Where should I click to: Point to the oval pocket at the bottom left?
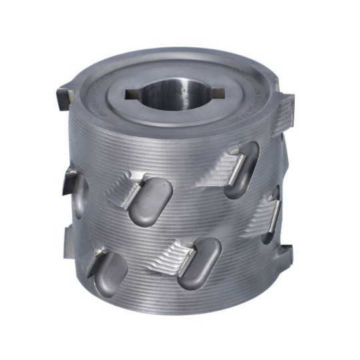coord(110,273)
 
